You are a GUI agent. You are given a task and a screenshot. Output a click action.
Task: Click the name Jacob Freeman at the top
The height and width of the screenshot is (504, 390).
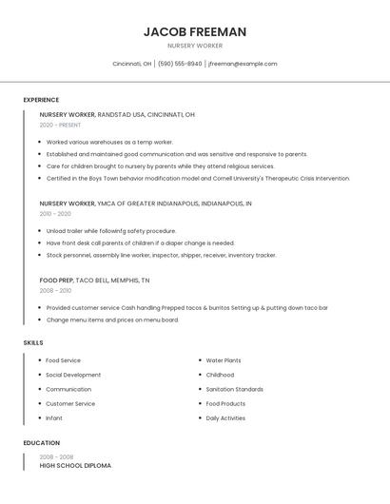tap(195, 31)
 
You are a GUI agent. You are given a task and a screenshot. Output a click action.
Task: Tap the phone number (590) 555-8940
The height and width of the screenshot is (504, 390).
tap(180, 64)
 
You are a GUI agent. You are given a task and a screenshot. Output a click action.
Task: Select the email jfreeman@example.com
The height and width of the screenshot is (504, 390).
tap(243, 64)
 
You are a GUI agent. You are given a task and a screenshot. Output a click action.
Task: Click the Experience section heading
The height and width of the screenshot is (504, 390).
tap(41, 100)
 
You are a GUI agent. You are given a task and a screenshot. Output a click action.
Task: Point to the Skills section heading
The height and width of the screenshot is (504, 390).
tap(33, 342)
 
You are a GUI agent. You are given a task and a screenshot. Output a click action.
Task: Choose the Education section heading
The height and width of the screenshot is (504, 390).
tap(42, 443)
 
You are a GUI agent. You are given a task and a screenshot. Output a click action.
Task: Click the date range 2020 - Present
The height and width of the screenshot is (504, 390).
tap(60, 125)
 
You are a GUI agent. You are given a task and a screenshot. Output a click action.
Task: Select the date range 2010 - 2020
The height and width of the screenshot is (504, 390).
tap(55, 214)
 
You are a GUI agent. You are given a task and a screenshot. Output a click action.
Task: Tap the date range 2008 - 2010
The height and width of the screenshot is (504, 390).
tap(55, 291)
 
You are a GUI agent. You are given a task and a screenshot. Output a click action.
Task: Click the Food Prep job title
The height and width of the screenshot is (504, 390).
tap(55, 281)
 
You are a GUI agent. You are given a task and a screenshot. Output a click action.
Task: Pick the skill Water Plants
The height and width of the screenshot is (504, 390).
tap(224, 360)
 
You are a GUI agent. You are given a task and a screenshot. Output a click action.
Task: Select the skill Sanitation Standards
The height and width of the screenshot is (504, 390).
tap(235, 389)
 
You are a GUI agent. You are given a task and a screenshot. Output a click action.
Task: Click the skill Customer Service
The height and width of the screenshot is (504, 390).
tap(70, 403)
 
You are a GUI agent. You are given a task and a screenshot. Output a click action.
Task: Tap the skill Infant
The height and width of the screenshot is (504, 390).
tap(54, 417)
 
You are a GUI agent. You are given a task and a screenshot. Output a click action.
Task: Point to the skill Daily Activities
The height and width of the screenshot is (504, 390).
tap(225, 417)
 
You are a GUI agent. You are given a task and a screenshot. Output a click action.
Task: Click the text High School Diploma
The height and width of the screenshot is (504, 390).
tap(75, 466)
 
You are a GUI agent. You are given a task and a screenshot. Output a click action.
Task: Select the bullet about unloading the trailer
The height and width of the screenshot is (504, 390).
tap(111, 231)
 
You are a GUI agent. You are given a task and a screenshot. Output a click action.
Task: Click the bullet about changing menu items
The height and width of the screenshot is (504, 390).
tap(112, 320)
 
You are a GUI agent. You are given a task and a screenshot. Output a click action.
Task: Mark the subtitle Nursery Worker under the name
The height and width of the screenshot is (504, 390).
tap(195, 45)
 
